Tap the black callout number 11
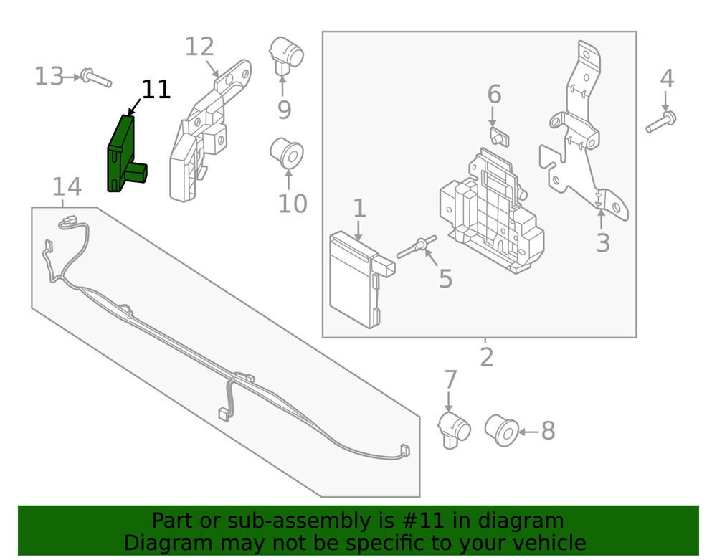click(x=156, y=90)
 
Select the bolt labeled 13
click(x=96, y=77)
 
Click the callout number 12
click(x=199, y=47)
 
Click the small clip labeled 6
click(x=498, y=136)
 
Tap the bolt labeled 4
click(x=661, y=121)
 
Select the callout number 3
click(x=603, y=243)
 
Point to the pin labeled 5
click(x=416, y=249)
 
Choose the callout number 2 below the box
click(x=487, y=356)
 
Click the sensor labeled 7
click(x=454, y=430)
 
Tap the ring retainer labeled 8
click(x=500, y=430)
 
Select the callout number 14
click(x=67, y=188)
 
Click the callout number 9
click(x=284, y=110)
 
